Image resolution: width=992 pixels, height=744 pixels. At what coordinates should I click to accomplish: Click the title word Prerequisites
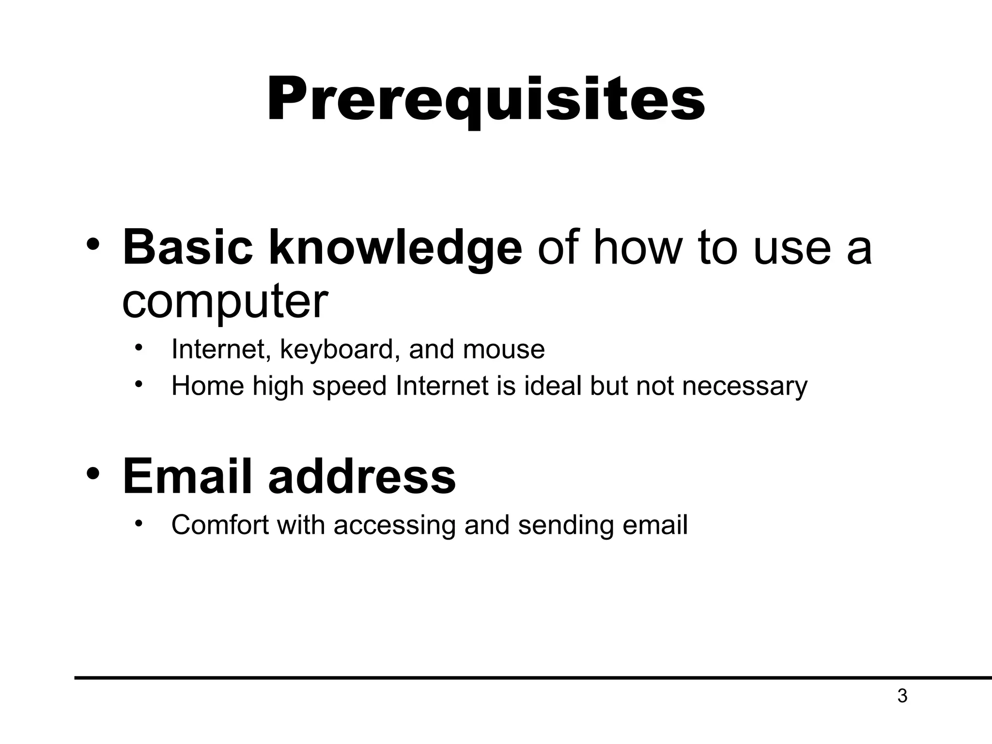(485, 100)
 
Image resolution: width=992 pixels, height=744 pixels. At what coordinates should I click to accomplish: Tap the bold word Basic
(187, 248)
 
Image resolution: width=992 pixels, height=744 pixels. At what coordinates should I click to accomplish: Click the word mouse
(504, 350)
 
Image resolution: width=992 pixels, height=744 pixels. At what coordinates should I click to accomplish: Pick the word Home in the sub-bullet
(208, 387)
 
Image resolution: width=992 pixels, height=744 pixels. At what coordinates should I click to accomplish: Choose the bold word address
(362, 477)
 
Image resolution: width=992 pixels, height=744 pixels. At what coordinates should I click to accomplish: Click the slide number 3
(902, 697)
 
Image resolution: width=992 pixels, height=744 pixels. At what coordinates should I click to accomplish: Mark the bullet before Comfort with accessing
(139, 523)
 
